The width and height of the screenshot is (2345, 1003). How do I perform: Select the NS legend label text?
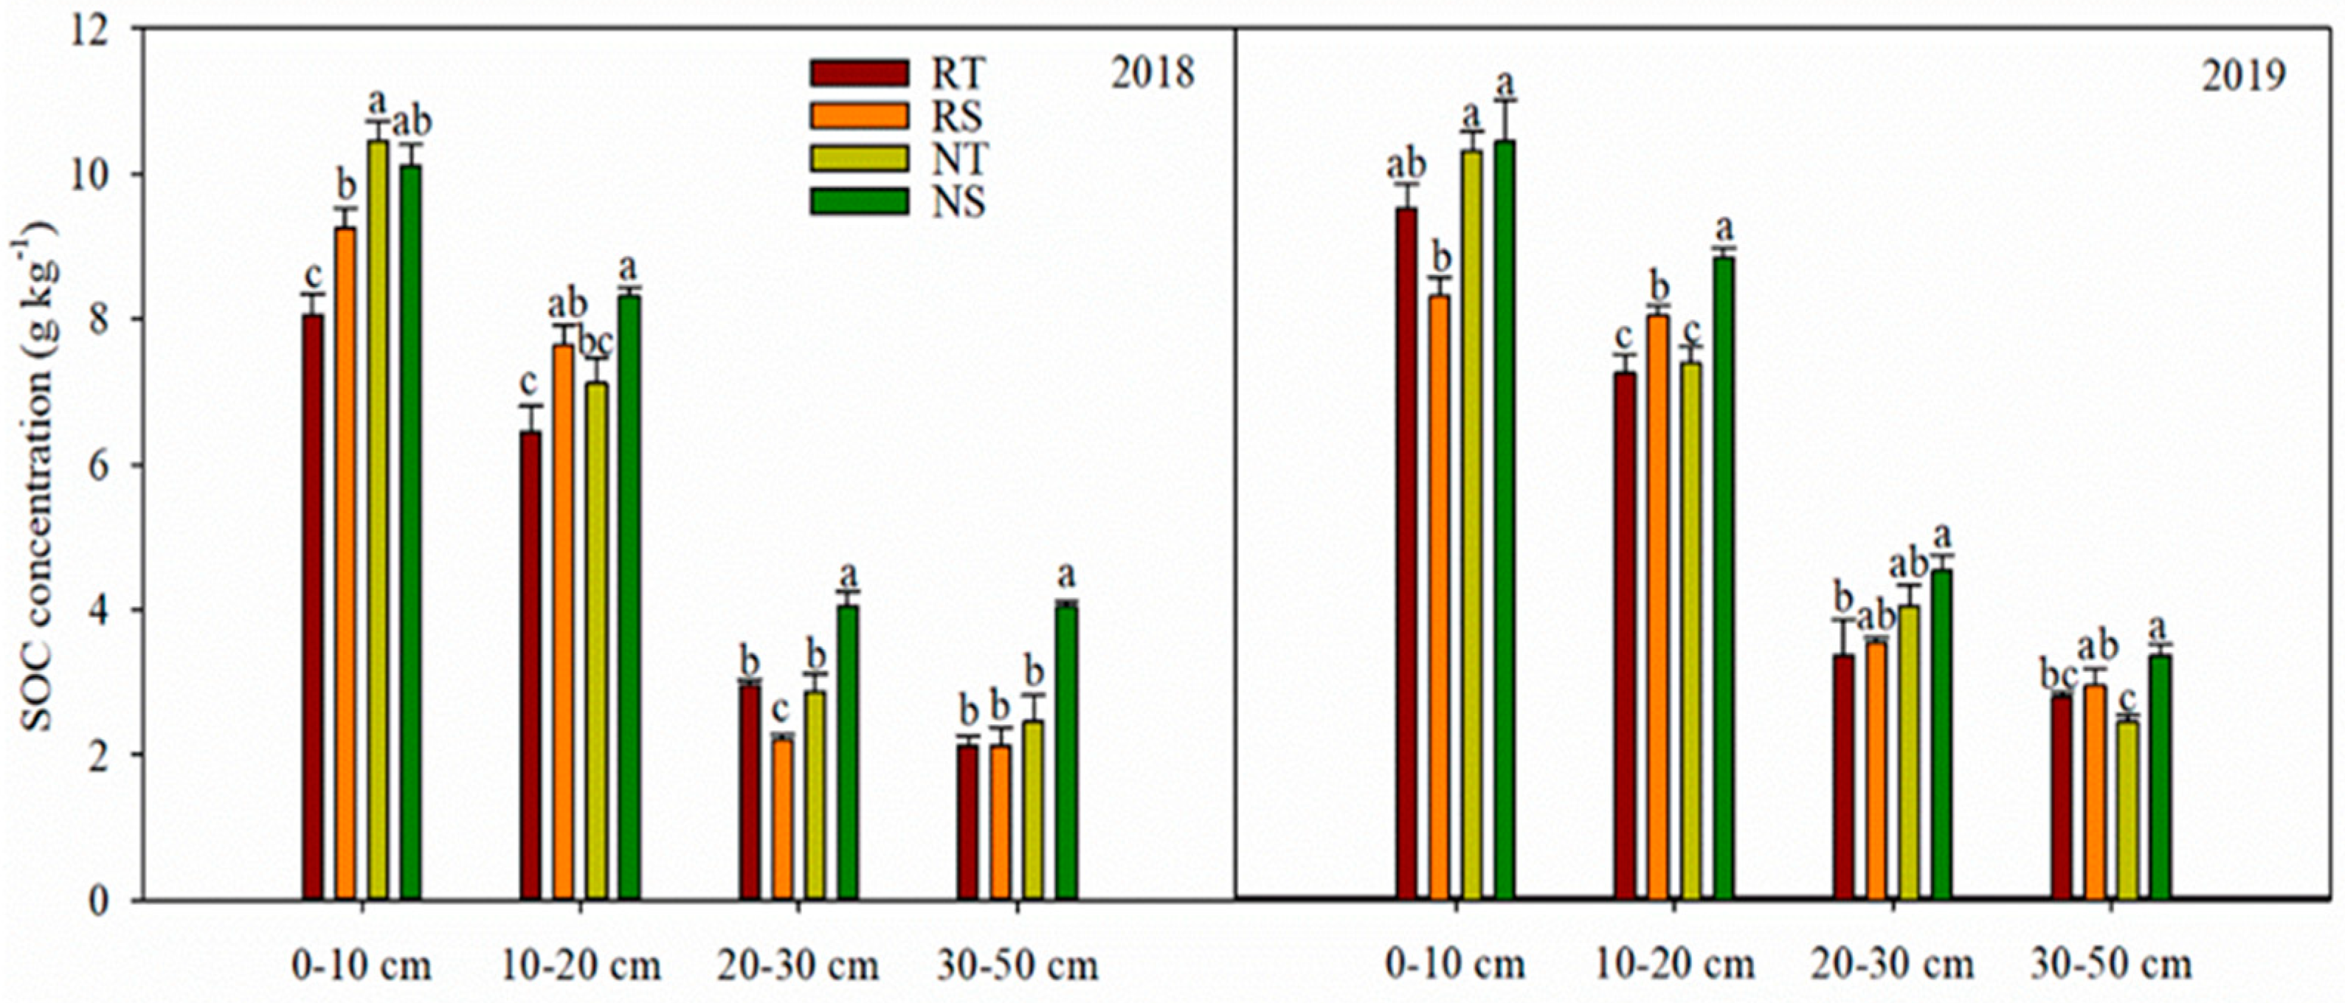(x=958, y=203)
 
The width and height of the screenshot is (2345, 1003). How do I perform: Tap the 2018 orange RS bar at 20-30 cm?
(x=783, y=819)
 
